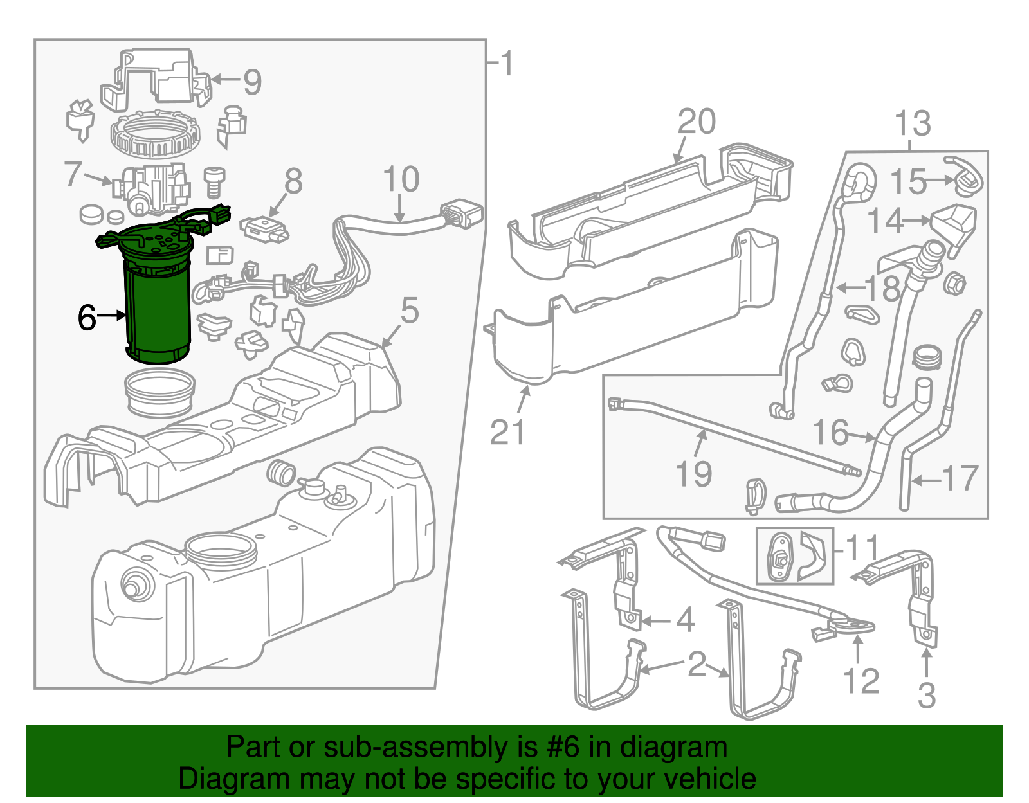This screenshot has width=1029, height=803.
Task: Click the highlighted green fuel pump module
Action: [x=157, y=302]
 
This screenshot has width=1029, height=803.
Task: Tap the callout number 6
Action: [x=87, y=317]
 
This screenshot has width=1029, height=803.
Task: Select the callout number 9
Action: [x=252, y=82]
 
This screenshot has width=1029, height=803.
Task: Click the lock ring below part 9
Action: [x=155, y=134]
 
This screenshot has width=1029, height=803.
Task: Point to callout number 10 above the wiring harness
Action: [x=401, y=179]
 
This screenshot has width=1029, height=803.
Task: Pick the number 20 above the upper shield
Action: [x=697, y=122]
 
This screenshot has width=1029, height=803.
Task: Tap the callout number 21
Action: [x=507, y=432]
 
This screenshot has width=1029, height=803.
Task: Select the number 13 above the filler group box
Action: [x=912, y=123]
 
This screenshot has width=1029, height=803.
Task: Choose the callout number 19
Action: [x=694, y=474]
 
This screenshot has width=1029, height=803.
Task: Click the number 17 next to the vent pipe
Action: [x=960, y=478]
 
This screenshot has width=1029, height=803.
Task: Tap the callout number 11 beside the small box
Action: [x=861, y=548]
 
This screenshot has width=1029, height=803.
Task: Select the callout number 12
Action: [x=861, y=681]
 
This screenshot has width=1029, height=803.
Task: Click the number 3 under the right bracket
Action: [x=926, y=696]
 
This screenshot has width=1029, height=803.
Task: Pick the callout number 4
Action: [x=686, y=620]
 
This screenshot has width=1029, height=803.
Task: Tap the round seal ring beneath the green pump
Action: [x=159, y=393]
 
